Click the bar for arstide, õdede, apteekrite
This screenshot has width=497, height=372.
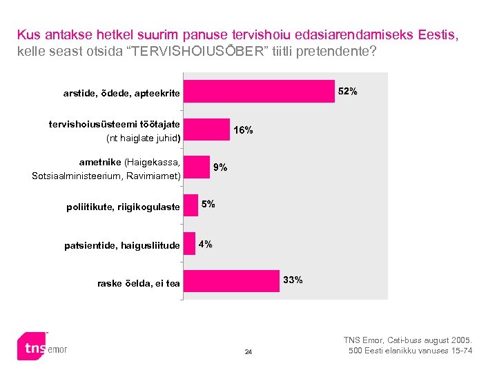(x=259, y=92)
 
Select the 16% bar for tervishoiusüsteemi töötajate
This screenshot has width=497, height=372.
(x=206, y=130)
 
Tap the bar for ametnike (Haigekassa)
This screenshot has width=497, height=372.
(x=196, y=167)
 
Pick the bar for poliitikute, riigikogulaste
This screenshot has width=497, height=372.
(x=191, y=205)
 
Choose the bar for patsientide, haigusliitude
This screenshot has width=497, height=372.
(x=189, y=243)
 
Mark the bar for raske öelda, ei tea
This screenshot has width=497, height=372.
(x=231, y=281)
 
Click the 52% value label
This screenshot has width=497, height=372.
(x=347, y=92)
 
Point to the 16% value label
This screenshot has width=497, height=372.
(x=243, y=130)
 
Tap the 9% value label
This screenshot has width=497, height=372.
(x=220, y=167)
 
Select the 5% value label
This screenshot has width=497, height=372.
(x=208, y=204)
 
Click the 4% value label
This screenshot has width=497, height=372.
(x=205, y=244)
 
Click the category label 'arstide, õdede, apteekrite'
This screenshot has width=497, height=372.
(x=121, y=93)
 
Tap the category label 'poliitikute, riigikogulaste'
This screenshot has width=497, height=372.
(x=123, y=207)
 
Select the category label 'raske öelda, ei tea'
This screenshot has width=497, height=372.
(x=138, y=283)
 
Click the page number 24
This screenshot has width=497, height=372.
(x=248, y=353)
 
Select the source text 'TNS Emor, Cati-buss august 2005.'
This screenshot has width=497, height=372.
(x=408, y=340)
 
